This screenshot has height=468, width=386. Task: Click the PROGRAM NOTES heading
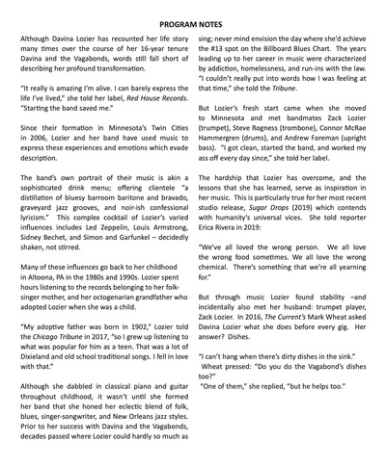pyautogui.click(x=193, y=12)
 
